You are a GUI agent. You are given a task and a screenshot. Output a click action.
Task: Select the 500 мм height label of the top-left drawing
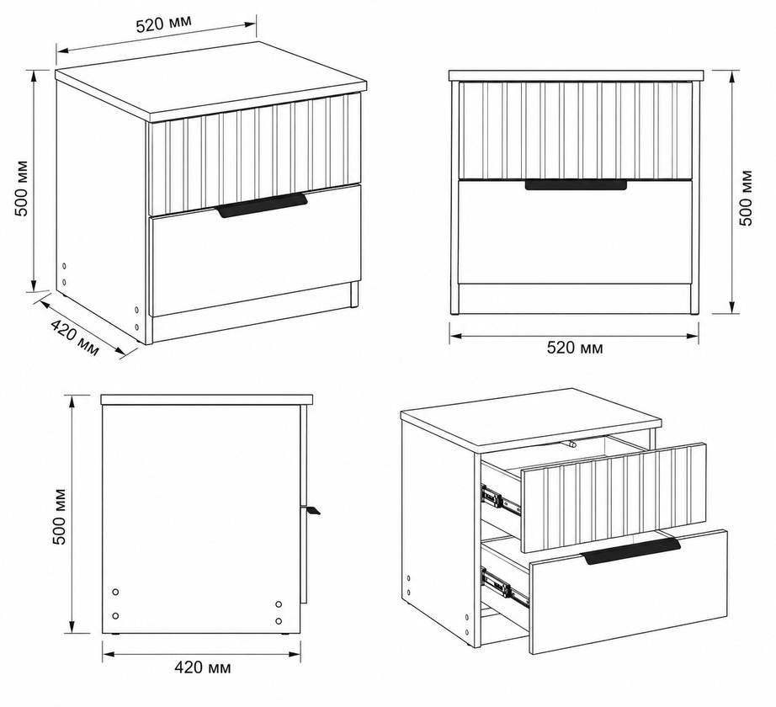pyautogui.click(x=21, y=189)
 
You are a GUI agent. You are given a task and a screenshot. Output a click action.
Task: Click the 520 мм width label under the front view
pyautogui.click(x=575, y=348)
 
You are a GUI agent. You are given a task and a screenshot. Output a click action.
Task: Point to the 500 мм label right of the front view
pyautogui.click(x=746, y=198)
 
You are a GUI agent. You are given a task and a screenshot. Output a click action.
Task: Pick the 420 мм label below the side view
pyautogui.click(x=202, y=667)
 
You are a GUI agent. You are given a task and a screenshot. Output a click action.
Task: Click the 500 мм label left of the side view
pyautogui.click(x=60, y=517)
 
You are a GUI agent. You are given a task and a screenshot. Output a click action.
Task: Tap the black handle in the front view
pyautogui.click(x=576, y=185)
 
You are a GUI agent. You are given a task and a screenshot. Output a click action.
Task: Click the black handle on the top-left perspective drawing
pyautogui.click(x=262, y=206)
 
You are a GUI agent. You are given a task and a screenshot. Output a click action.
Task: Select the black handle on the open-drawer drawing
pyautogui.click(x=632, y=551)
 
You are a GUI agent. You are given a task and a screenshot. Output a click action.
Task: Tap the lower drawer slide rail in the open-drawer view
pyautogui.click(x=506, y=587)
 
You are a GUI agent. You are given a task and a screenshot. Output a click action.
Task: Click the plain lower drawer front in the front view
pyautogui.click(x=575, y=232)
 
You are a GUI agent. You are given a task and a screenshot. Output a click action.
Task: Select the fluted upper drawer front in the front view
pyautogui.click(x=575, y=129)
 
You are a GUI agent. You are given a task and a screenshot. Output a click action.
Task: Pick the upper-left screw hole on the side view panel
pyautogui.click(x=115, y=592)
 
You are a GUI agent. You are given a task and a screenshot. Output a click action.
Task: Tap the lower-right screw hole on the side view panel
pyautogui.click(x=279, y=621)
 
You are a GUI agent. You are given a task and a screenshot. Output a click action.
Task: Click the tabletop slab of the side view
pyautogui.click(x=207, y=400)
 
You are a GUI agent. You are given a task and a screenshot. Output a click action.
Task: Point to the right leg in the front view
pyautogui.click(x=695, y=198)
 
